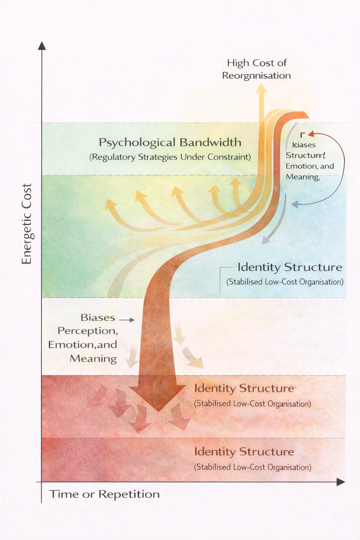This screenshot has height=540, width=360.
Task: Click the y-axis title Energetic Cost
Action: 27,224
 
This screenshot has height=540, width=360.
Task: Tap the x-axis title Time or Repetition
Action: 104,494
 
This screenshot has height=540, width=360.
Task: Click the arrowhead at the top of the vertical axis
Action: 42,46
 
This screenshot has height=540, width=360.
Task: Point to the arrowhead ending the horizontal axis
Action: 340,482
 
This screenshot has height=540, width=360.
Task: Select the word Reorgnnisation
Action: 256,76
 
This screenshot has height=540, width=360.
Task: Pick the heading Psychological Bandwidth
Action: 170,142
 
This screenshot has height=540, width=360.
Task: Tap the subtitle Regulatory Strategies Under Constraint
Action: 170,157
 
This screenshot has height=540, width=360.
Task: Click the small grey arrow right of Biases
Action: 127,320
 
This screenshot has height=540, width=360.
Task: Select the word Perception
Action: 88,331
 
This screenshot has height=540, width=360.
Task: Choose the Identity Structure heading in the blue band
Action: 290,267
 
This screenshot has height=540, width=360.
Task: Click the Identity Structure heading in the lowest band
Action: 244,452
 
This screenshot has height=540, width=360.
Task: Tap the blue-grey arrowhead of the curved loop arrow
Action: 295,204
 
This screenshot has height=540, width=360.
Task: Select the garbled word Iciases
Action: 304,145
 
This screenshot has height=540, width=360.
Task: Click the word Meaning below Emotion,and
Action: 93,359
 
